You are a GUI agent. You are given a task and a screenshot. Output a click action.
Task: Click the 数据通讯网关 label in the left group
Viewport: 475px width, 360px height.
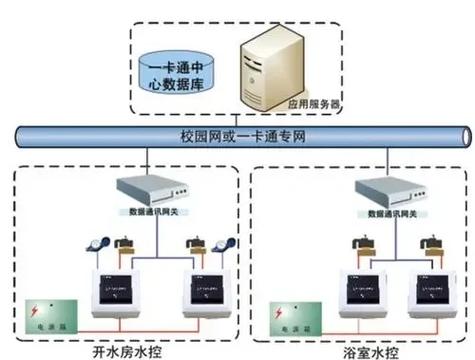(151, 213)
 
